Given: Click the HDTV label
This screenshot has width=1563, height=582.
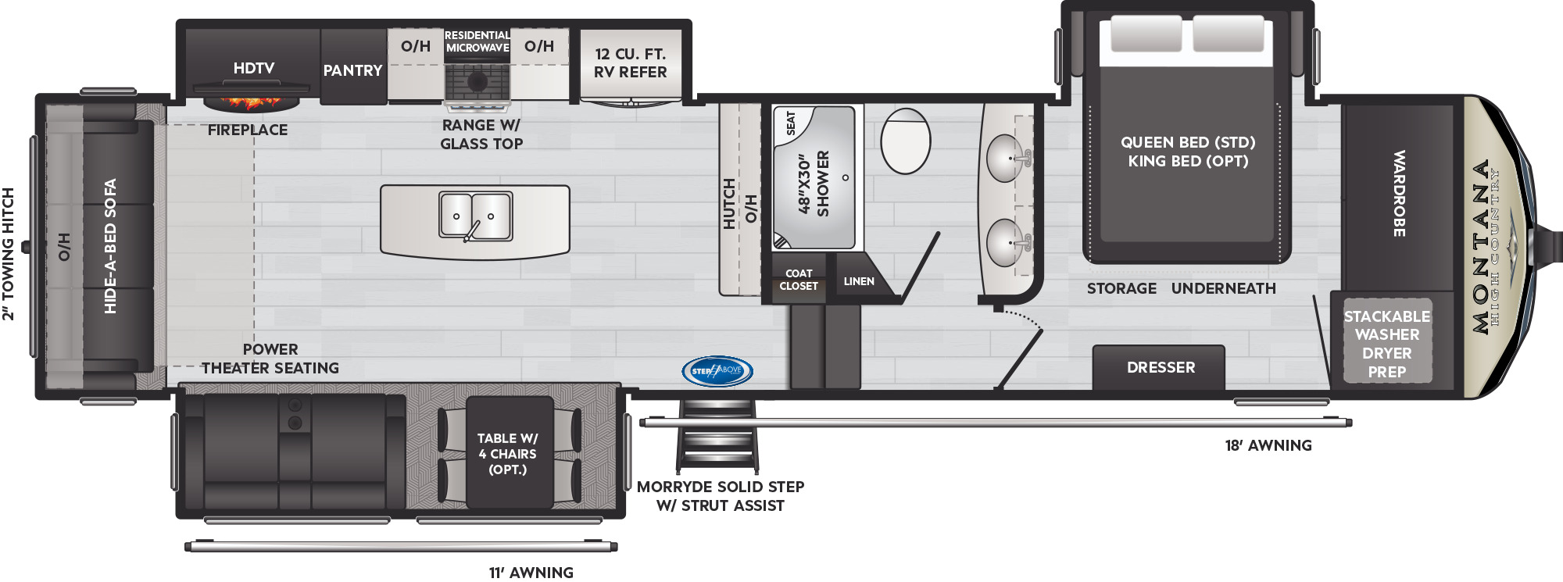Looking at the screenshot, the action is (254, 68).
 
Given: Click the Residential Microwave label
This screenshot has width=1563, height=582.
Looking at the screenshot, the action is (477, 41).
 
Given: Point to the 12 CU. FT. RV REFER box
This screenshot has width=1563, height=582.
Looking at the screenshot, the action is (631, 63).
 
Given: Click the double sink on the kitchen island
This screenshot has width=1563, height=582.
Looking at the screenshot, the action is (475, 216).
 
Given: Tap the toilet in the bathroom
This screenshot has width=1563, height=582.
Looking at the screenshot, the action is (906, 141).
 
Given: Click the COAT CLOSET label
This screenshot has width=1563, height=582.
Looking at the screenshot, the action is (799, 280).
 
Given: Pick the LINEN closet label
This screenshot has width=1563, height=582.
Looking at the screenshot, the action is (859, 281).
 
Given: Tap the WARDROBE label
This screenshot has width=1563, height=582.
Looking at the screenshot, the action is (1400, 194).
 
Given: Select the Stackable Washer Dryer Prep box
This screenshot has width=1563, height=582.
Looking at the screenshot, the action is (1387, 341).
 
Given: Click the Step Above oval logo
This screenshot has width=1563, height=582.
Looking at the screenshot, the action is (717, 371).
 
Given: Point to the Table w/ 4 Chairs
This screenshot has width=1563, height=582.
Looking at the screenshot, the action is (509, 453).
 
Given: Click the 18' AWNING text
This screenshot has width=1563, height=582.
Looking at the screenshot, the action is (1268, 445).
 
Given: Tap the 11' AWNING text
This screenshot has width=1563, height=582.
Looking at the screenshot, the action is (531, 573).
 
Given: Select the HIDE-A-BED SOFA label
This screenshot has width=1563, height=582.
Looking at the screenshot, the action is (110, 246).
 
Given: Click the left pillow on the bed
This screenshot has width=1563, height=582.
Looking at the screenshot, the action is (1146, 33).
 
